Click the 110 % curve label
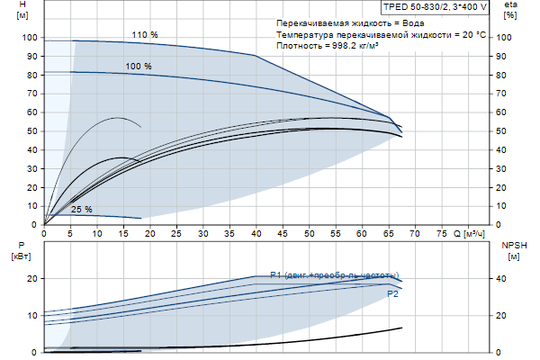[144, 35]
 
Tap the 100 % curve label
[139, 67]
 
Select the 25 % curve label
[82, 209]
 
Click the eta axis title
[510, 10]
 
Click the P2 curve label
[392, 293]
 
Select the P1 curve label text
[333, 275]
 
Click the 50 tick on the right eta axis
[506, 131]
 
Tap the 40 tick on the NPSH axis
[506, 279]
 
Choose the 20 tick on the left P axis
[32, 279]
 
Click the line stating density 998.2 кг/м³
[328, 44]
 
